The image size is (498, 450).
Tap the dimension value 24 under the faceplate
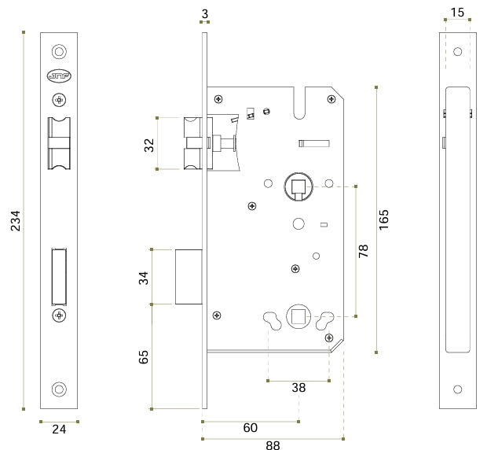59,430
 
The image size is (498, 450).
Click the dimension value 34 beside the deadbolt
144,277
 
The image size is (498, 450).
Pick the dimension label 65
144,356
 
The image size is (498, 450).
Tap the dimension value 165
384,219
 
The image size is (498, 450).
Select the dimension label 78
363,252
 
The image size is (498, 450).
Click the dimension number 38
298,388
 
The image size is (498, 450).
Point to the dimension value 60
250,428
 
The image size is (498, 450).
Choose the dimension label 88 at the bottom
273,445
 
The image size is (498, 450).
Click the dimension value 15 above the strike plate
457,12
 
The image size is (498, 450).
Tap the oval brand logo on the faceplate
59,76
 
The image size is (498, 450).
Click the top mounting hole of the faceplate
59,51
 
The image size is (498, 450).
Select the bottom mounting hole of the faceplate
59,389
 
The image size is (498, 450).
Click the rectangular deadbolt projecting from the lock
189,276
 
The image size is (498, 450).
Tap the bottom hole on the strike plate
457,389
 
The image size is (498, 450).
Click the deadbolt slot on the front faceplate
59,275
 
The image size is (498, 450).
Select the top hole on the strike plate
457,52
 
